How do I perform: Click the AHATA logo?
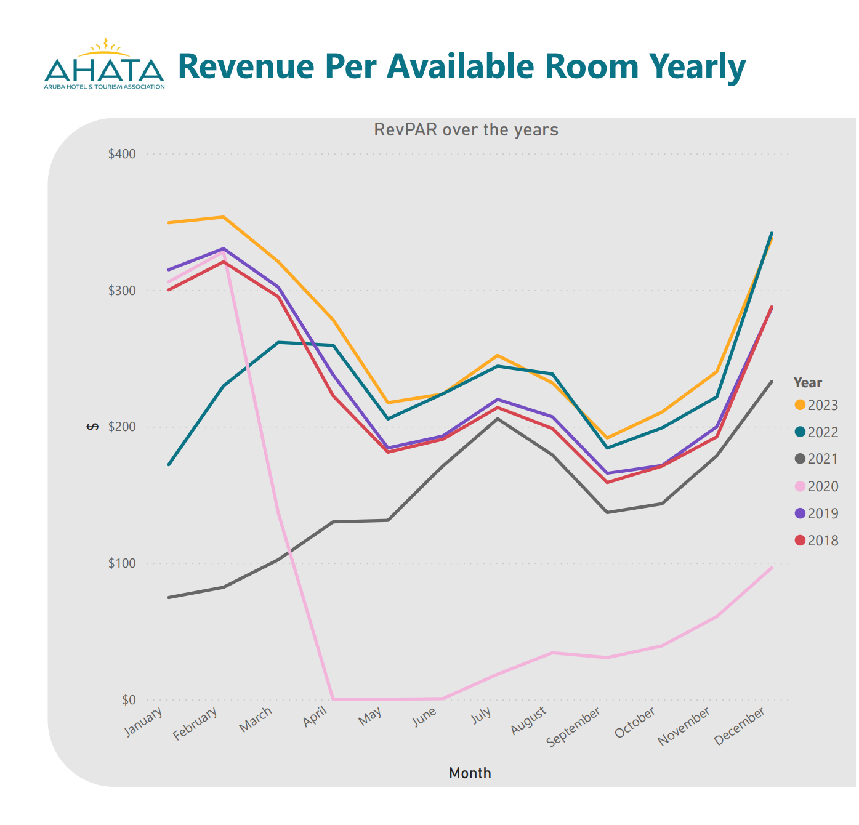coord(104,65)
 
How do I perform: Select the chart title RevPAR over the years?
coord(466,130)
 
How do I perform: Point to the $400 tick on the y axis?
coord(122,154)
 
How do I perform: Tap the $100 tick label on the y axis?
coord(122,563)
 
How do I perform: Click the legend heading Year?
coord(807,382)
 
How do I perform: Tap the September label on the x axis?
coord(574,726)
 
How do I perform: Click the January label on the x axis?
coord(144,721)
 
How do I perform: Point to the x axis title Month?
coord(470,773)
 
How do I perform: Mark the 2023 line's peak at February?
coord(224,217)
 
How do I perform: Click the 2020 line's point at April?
coord(333,699)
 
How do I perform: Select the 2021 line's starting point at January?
coord(169,597)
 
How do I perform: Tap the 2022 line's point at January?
coord(169,464)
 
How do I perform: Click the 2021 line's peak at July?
coord(498,419)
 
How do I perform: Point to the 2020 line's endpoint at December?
coord(771,568)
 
